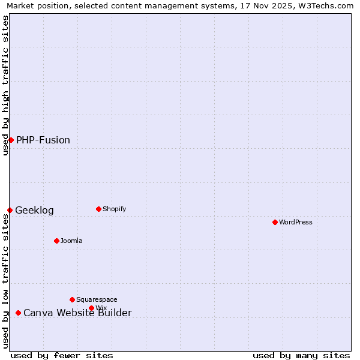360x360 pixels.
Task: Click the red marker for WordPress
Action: coord(275,222)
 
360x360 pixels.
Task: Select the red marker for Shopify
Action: coord(98,209)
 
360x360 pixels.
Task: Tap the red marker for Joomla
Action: coord(56,241)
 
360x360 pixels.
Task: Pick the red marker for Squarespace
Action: coord(72,299)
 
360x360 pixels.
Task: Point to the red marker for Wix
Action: coord(91,308)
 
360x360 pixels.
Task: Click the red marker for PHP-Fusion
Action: coord(11,140)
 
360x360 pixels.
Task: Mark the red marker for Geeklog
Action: coord(10,210)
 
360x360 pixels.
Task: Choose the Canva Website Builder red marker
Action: coord(18,313)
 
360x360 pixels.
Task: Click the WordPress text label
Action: coord(296,222)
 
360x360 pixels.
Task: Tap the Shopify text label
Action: coord(114,209)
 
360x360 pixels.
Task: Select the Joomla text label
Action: coord(71,241)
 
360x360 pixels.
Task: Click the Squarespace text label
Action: coord(97,299)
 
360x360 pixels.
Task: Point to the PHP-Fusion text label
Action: coord(43,140)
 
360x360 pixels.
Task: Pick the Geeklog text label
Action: coord(34,210)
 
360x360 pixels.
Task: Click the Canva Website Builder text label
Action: coord(77,313)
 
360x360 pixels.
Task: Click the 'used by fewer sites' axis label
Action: coord(62,355)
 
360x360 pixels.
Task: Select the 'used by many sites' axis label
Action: coord(301,355)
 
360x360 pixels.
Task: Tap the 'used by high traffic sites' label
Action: coord(5,85)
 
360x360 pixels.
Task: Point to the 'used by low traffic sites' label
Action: coord(5,281)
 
